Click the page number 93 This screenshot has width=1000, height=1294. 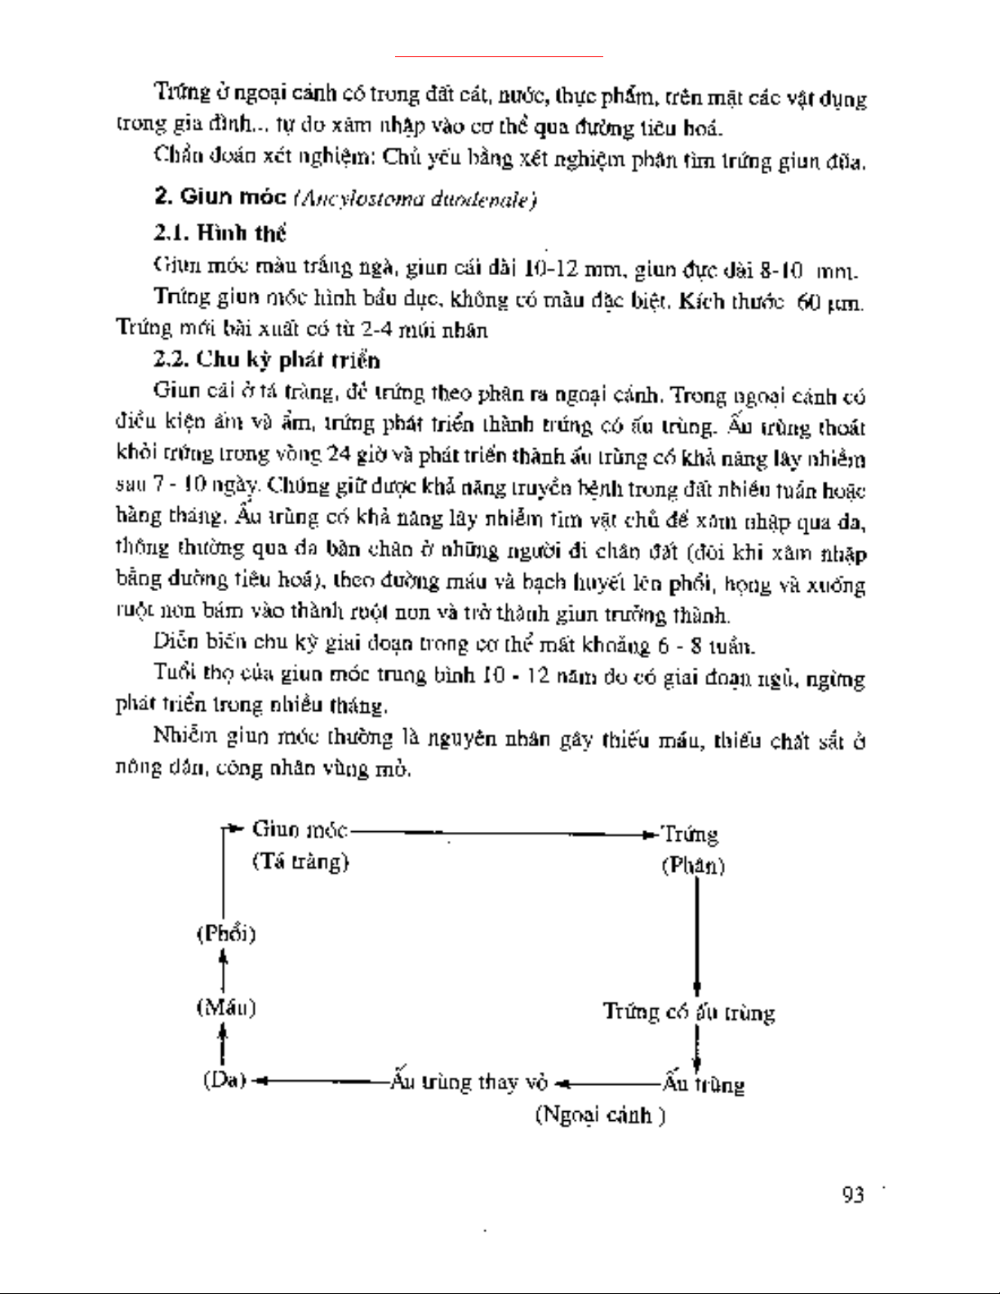click(x=851, y=1196)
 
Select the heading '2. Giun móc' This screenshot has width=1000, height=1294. click(x=220, y=198)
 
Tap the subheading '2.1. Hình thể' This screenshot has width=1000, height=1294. click(x=220, y=233)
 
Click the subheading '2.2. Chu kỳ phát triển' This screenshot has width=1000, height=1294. click(x=268, y=360)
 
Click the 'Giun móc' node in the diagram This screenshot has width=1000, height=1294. click(x=300, y=830)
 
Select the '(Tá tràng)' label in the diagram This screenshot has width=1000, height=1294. click(x=300, y=861)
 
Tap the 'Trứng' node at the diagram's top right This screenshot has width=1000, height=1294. click(x=690, y=834)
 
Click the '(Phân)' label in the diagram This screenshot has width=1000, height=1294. click(x=693, y=865)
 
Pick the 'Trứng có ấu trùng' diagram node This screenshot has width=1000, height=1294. click(x=689, y=1012)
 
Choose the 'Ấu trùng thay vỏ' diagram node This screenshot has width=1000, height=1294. click(x=468, y=1083)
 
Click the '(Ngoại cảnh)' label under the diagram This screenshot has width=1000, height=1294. click(x=600, y=1115)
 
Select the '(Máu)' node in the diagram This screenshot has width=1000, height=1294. click(x=226, y=1008)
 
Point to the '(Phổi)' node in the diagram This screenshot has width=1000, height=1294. click(x=226, y=934)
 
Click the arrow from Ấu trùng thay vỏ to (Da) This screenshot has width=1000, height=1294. click(x=318, y=1083)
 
